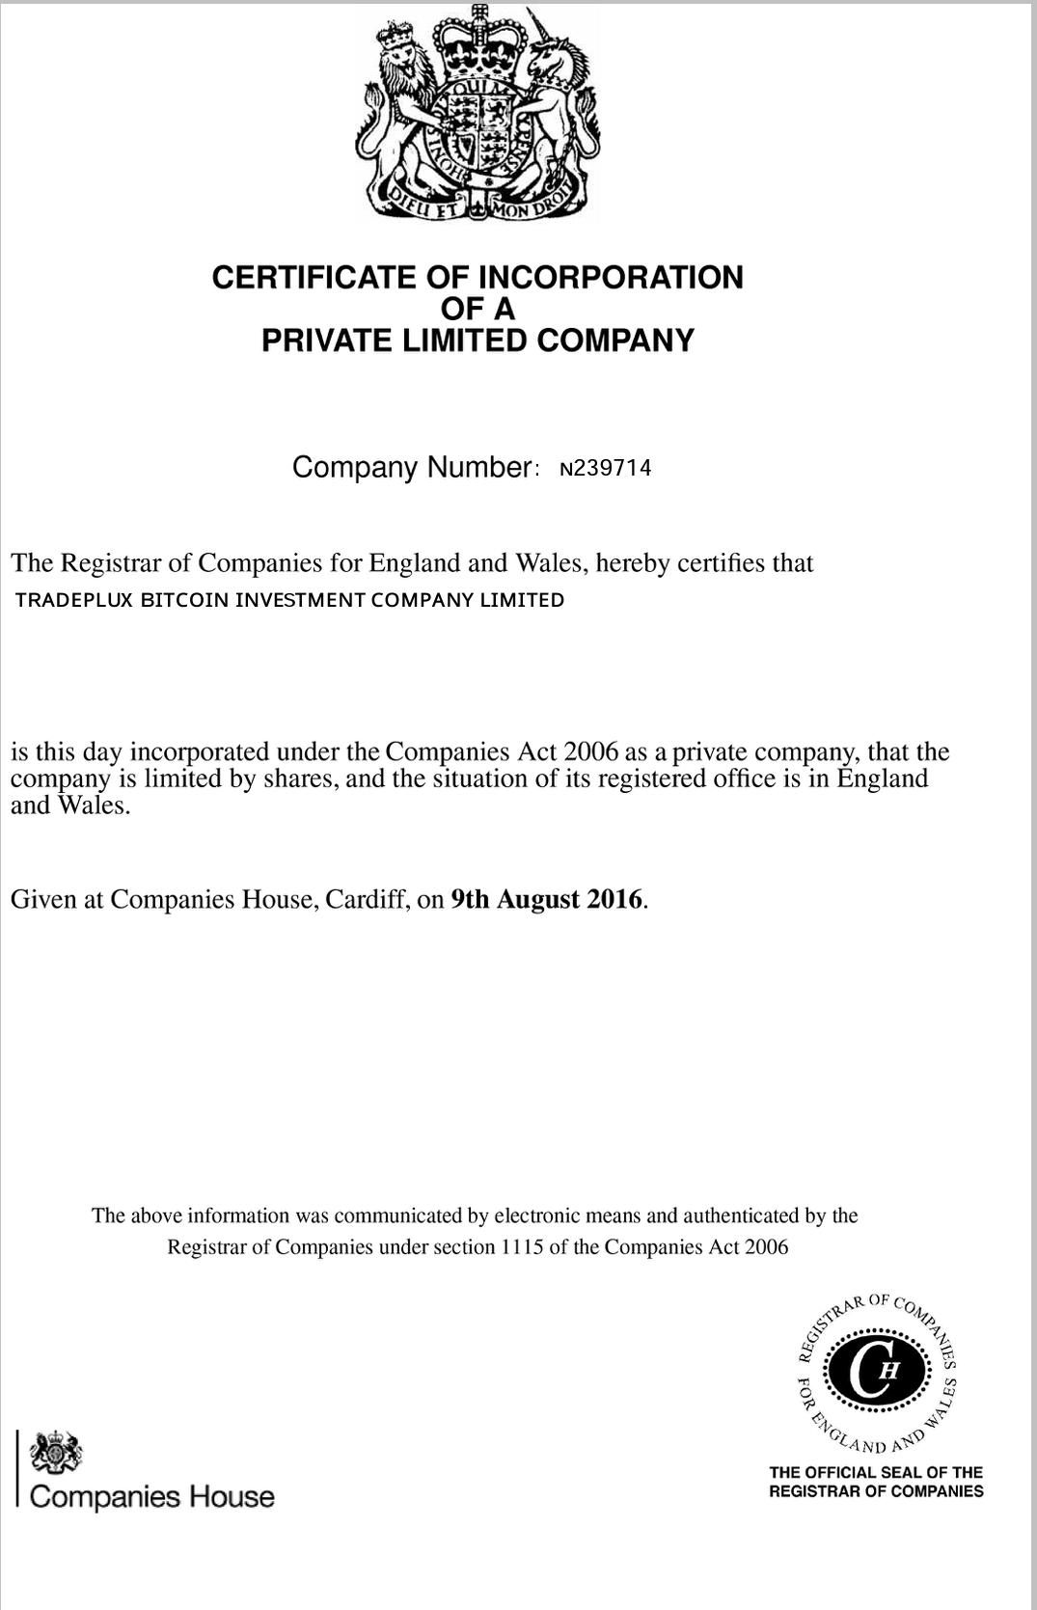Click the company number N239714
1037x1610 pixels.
(x=606, y=469)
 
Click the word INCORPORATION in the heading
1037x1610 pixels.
(x=611, y=278)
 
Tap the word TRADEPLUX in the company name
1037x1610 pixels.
(x=74, y=600)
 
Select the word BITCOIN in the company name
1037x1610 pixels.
(x=184, y=600)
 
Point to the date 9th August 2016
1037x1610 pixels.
(x=547, y=899)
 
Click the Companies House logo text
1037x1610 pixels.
(x=152, y=1497)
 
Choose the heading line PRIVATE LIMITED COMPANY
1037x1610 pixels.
(x=478, y=341)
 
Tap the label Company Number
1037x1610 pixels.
(x=411, y=467)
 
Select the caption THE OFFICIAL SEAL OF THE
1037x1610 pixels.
(x=876, y=1472)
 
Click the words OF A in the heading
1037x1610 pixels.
(x=478, y=310)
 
